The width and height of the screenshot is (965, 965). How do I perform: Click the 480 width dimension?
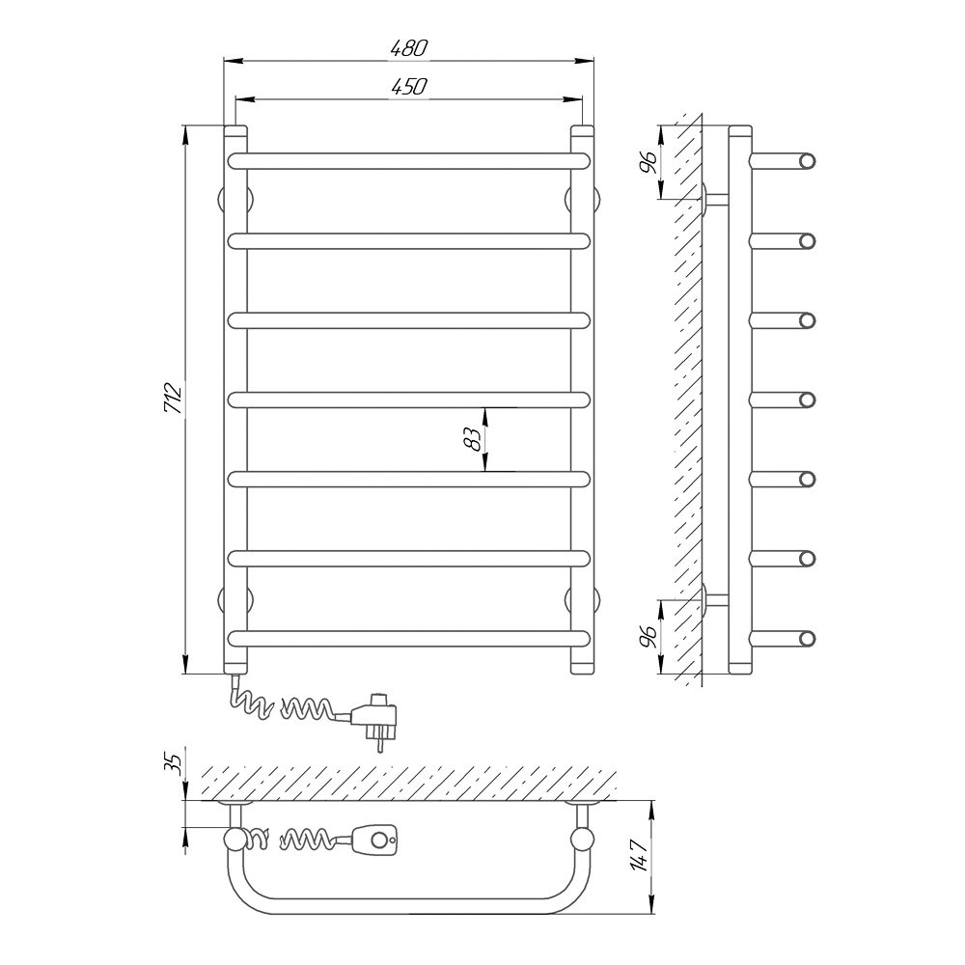(408, 48)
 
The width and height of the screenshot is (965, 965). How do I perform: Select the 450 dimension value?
(408, 87)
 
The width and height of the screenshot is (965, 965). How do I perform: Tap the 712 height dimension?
(174, 398)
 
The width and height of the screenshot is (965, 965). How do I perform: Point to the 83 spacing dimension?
(472, 439)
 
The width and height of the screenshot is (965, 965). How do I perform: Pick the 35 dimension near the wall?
(175, 763)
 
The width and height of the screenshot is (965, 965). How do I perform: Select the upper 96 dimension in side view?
(648, 161)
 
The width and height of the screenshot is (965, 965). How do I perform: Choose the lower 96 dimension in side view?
(648, 636)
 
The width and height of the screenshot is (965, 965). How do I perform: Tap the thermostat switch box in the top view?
(374, 839)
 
